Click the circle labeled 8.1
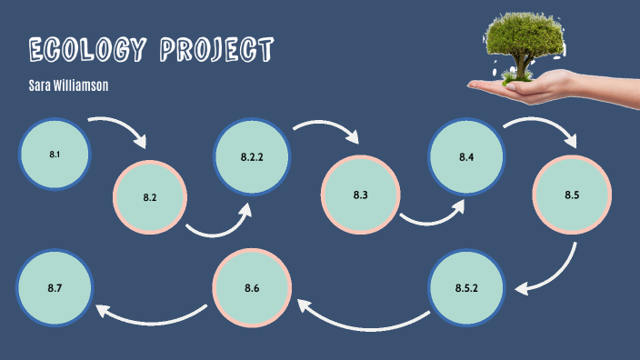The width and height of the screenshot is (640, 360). coord(55,155)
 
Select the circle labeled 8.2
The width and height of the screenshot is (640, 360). coord(150,196)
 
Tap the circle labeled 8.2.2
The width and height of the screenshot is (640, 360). coord(252,157)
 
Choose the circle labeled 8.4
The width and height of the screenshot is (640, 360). coord(466,157)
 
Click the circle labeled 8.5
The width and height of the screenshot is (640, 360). coord(571,195)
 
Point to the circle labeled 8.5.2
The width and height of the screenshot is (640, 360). coord(466,288)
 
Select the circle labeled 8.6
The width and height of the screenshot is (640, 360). coord(252,288)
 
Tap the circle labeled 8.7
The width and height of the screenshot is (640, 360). coord(55,288)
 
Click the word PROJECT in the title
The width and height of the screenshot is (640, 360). coord(216,51)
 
